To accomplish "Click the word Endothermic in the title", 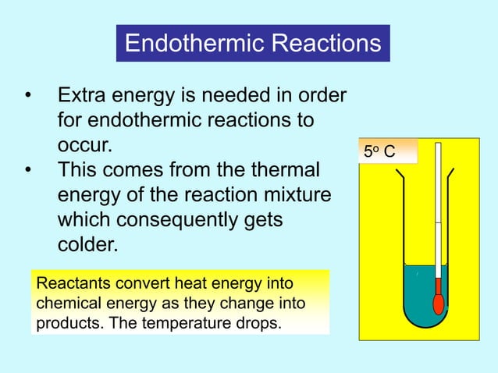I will point(194,43).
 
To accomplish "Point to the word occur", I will point(85,145).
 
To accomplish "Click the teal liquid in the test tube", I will point(418,293).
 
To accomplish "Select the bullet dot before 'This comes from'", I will point(28,169).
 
